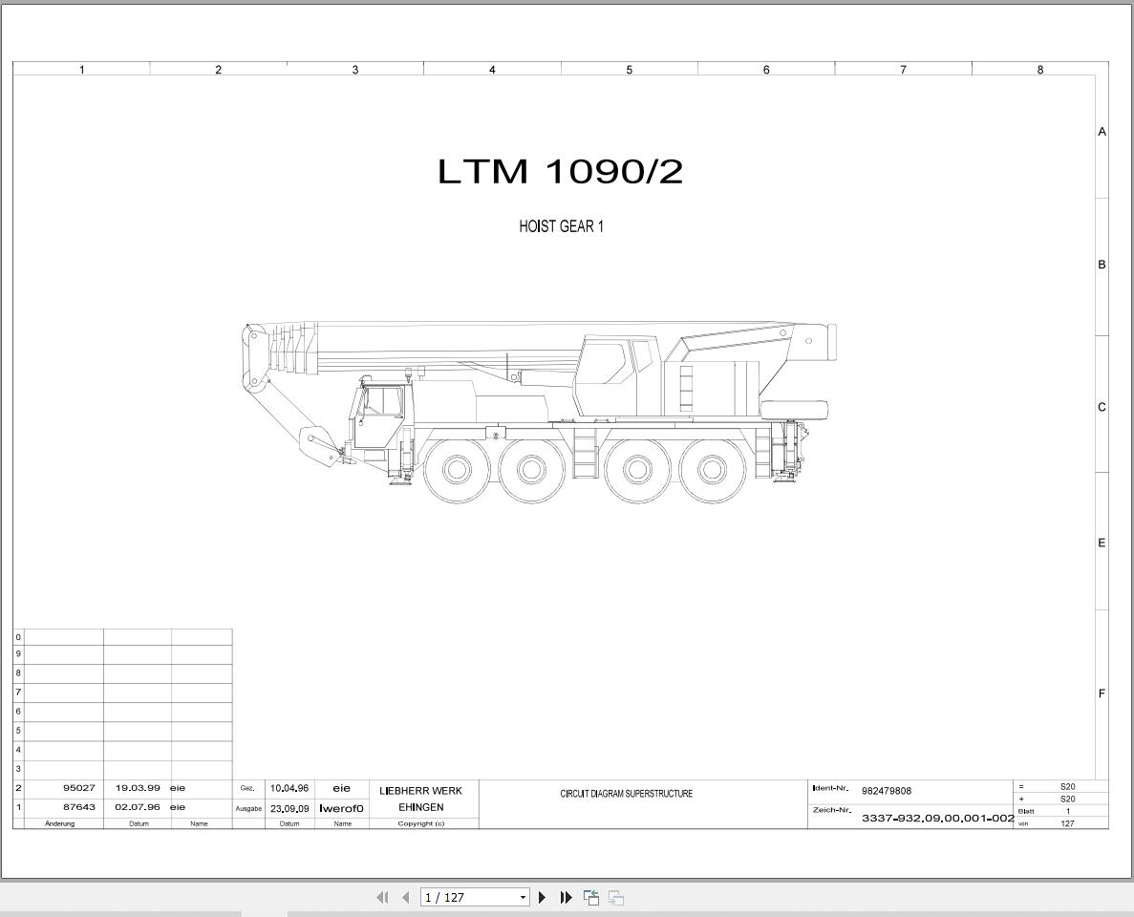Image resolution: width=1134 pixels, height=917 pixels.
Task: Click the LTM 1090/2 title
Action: tap(561, 171)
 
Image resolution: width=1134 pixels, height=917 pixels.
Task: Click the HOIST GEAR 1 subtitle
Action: tap(561, 226)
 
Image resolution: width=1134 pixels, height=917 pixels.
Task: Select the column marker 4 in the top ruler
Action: tap(493, 70)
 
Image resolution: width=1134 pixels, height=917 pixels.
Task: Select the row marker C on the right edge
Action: tap(1102, 407)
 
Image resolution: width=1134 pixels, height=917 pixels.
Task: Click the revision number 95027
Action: tap(79, 787)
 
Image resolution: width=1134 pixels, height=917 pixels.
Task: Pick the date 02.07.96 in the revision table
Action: tap(138, 807)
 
